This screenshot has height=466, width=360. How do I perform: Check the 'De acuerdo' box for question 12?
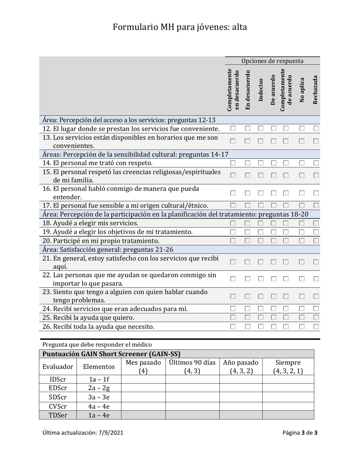tap(274, 129)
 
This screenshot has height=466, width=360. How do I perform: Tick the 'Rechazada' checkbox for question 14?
tap(316, 163)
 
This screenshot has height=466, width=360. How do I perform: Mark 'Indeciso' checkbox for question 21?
tap(261, 262)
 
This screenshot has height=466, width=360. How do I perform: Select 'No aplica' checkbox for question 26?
tap(302, 326)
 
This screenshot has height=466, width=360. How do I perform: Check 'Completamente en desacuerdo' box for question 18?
tap(233, 223)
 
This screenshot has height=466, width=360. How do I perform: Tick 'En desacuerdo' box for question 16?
tap(247, 193)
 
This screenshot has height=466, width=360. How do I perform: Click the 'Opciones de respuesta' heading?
tap(272, 61)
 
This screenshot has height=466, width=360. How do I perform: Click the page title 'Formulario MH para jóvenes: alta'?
tap(180, 27)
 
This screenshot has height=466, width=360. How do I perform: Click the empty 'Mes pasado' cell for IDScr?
tap(143, 379)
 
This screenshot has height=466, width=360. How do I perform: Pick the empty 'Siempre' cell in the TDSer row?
tap(288, 415)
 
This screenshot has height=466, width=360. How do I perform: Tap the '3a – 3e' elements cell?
tap(99, 397)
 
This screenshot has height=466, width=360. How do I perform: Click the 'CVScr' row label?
tap(58, 406)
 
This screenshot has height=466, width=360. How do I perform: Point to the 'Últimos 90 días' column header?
tap(192, 366)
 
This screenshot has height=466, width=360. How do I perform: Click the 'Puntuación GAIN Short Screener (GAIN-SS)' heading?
tap(111, 354)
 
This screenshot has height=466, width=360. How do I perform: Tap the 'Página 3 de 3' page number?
tap(300, 433)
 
